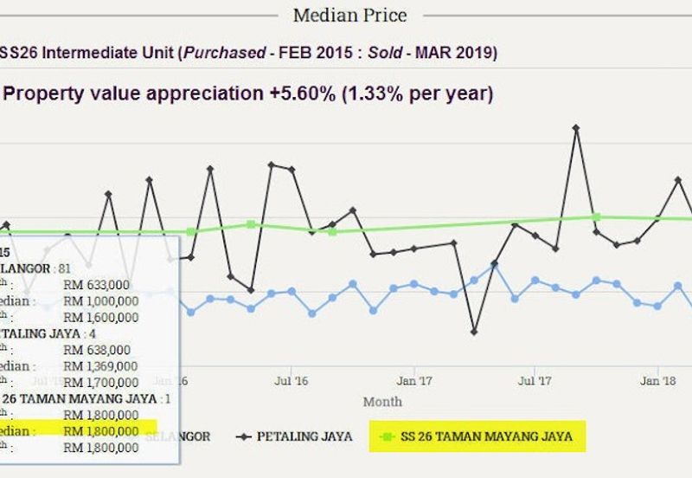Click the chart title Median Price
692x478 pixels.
349,16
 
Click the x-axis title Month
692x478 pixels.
382,402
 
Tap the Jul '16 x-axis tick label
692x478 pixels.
292,380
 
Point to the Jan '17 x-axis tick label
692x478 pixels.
414,380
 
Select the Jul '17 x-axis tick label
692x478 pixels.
535,380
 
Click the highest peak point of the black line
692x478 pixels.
575,128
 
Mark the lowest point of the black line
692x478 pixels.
474,332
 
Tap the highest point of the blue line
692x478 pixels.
494,264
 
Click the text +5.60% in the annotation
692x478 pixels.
301,94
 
